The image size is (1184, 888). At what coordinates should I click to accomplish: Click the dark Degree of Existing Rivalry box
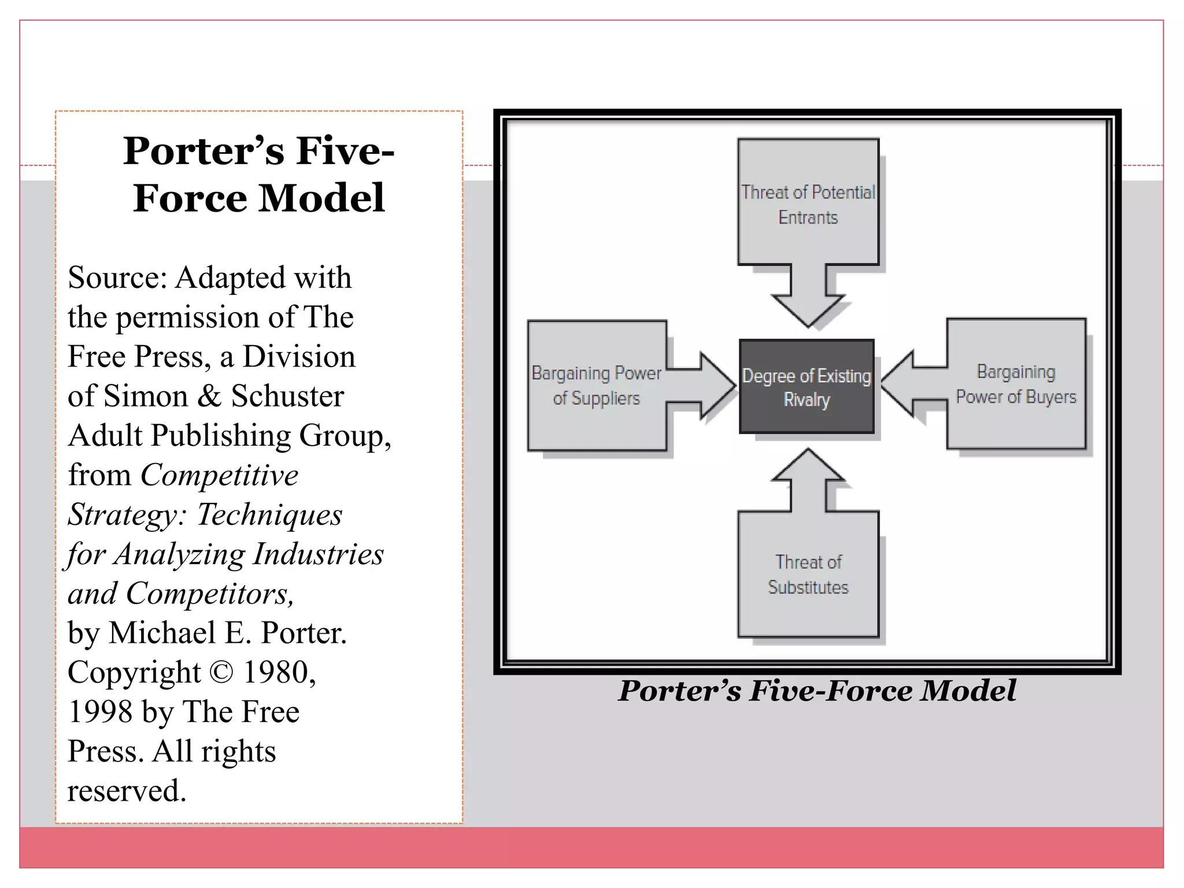(806, 386)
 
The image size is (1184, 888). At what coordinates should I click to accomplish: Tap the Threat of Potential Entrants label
(808, 205)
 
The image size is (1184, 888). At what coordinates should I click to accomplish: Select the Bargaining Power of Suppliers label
(596, 386)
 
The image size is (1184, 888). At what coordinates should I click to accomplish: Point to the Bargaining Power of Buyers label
(1016, 384)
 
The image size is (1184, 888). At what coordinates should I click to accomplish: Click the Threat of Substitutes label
(808, 575)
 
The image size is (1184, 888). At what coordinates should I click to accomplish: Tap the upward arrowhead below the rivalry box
(808, 465)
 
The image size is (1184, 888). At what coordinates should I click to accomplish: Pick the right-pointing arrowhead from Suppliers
(717, 386)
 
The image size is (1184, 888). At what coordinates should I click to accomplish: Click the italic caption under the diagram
(817, 691)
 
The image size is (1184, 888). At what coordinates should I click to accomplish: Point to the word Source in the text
(117, 278)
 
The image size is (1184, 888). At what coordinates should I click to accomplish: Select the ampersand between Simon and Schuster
(209, 397)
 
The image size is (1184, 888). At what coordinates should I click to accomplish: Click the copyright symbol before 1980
(221, 673)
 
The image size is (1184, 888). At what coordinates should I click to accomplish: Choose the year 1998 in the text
(100, 712)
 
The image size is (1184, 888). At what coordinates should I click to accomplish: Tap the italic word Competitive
(220, 476)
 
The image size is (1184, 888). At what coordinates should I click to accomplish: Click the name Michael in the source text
(162, 633)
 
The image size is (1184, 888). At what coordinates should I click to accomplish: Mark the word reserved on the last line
(127, 791)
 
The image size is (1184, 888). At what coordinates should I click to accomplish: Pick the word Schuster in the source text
(287, 397)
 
